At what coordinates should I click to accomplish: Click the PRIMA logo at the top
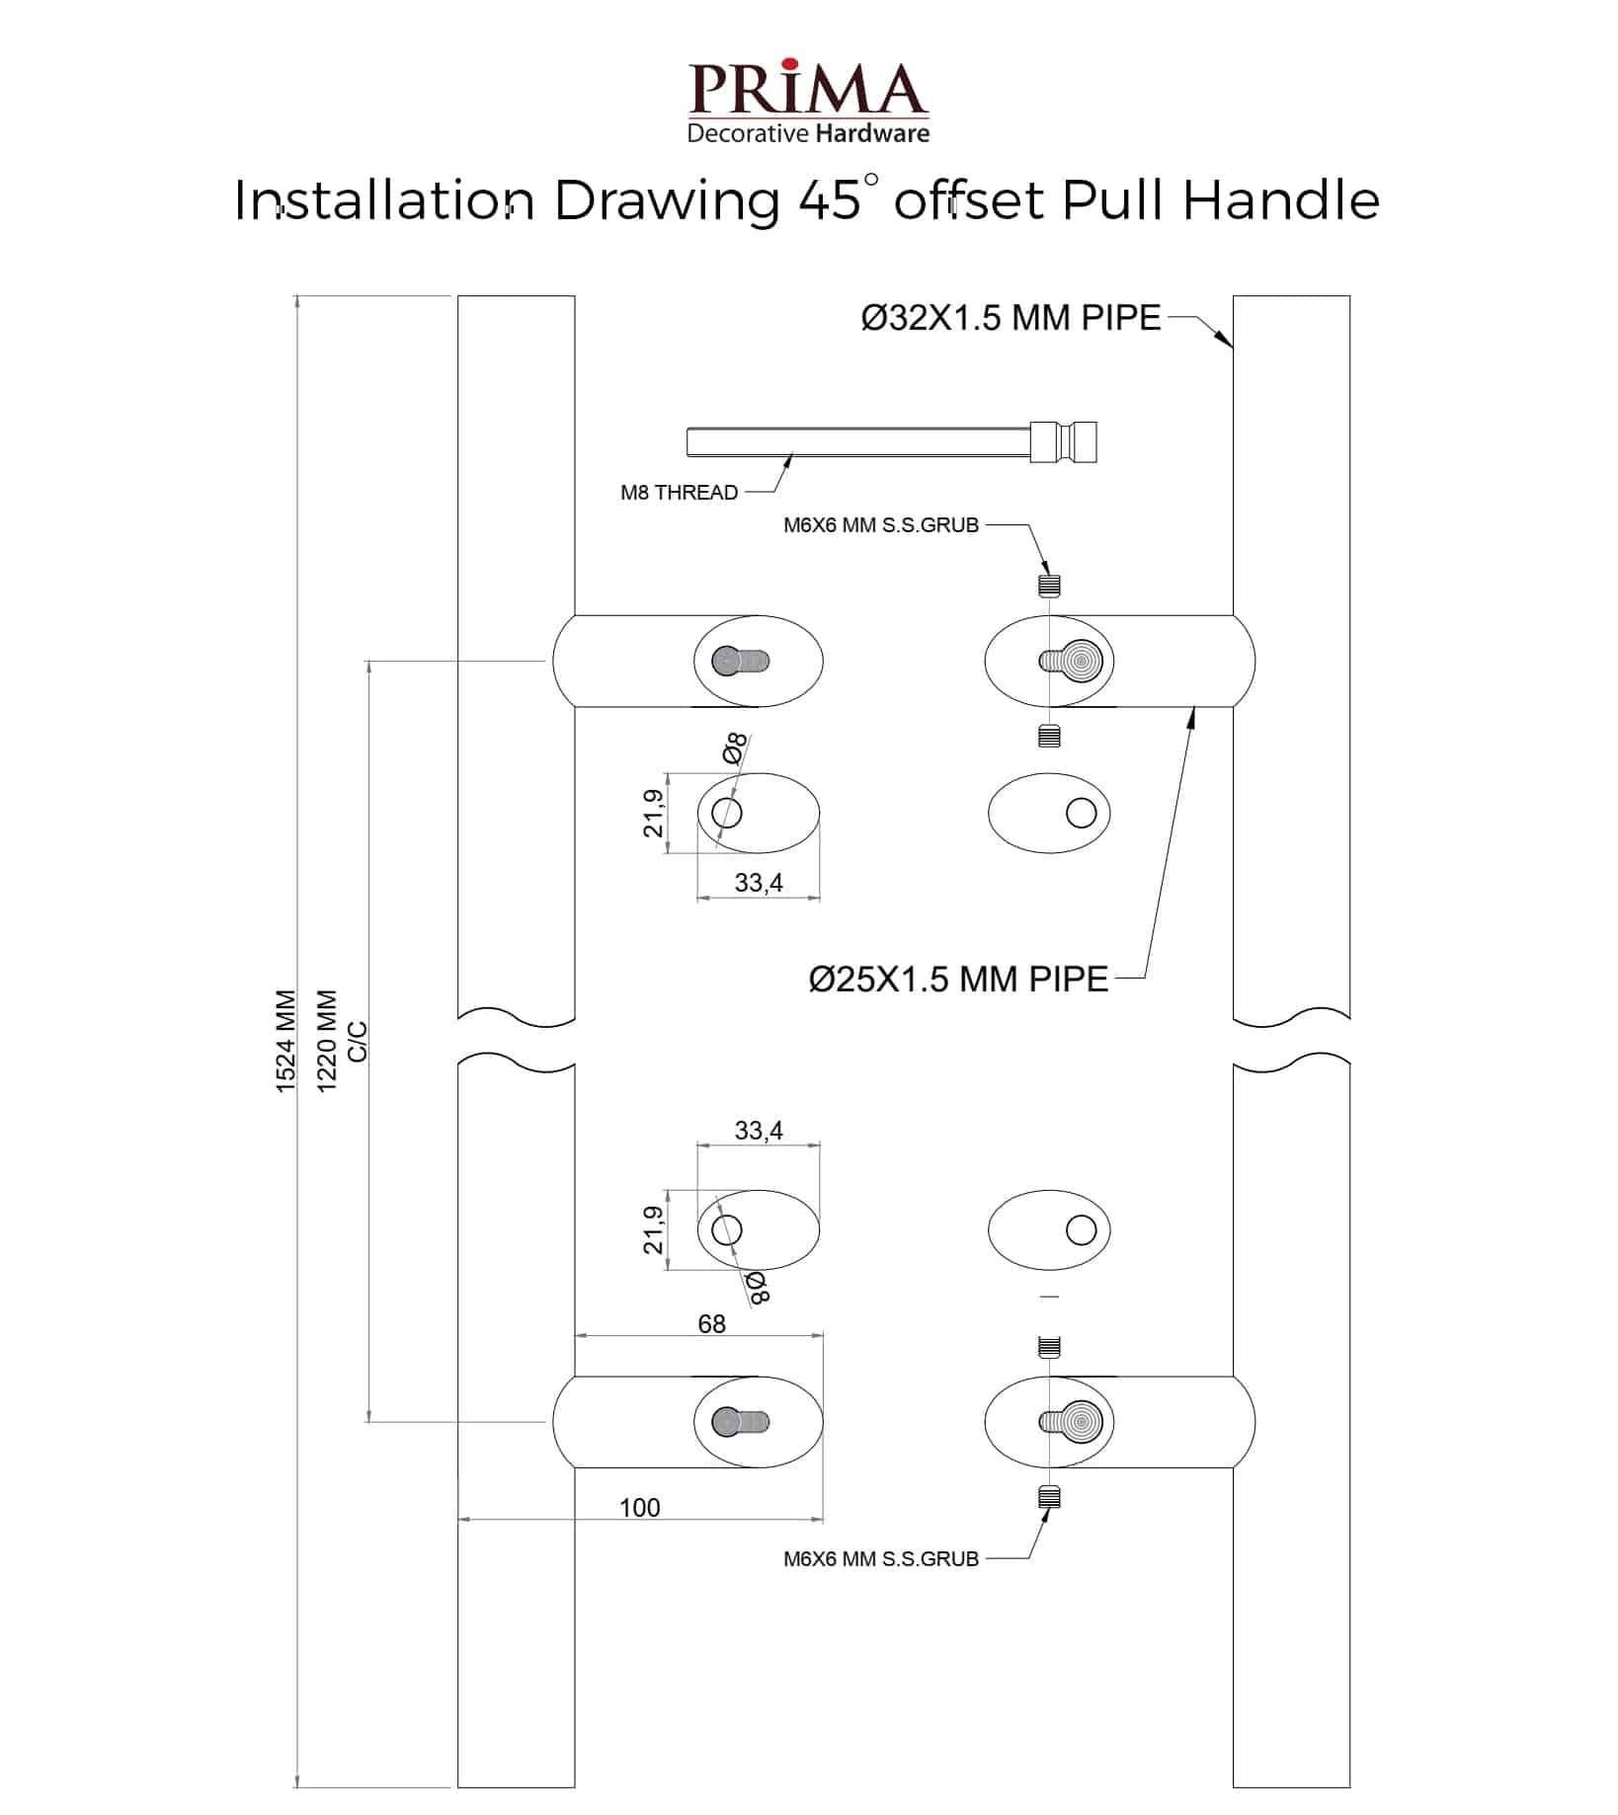808,102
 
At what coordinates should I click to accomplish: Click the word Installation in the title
384,200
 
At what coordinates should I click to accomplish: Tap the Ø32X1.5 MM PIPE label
1011,318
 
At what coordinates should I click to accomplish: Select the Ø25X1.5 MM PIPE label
958,979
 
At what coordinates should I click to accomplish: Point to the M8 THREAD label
679,492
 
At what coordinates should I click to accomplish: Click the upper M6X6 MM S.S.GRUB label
880,525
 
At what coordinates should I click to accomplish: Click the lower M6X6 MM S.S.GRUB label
880,1558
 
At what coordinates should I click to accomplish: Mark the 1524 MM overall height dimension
285,1041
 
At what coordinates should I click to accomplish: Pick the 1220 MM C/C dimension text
341,1041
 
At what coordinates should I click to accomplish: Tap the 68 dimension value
711,1323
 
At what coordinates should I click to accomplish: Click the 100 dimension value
639,1507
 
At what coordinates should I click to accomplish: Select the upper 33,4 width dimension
759,882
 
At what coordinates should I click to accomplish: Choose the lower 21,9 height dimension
654,1229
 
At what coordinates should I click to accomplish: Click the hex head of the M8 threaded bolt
1063,441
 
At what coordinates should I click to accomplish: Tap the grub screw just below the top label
1049,585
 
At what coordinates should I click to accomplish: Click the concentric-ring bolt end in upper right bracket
1080,661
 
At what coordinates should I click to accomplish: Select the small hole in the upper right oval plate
1082,813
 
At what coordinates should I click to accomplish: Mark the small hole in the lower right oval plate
1082,1229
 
